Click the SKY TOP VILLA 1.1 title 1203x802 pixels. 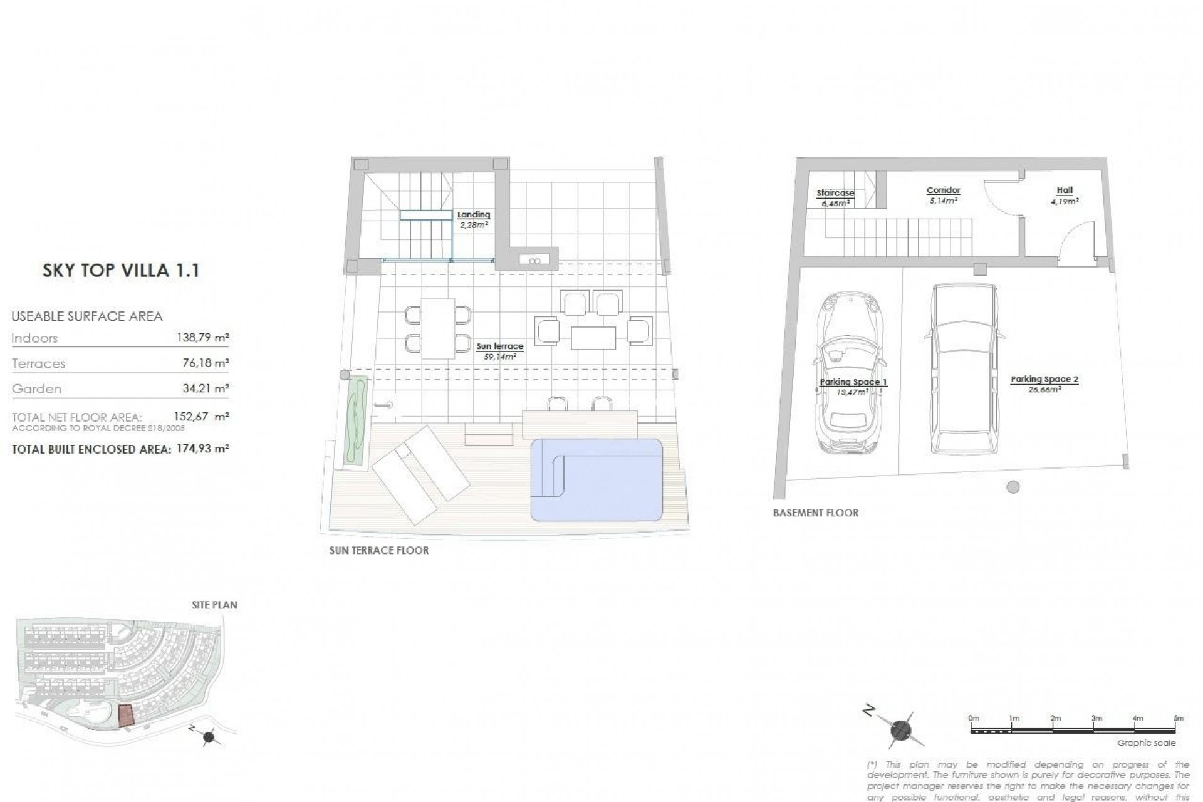pyautogui.click(x=121, y=271)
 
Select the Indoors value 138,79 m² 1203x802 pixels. pyautogui.click(x=202, y=338)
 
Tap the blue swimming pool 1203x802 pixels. pyautogui.click(x=596, y=479)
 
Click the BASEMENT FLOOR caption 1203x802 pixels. pyautogui.click(x=815, y=513)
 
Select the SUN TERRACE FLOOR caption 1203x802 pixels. pyautogui.click(x=378, y=551)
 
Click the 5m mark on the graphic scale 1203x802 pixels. pyautogui.click(x=1178, y=718)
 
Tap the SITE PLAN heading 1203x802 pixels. pyautogui.click(x=214, y=605)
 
